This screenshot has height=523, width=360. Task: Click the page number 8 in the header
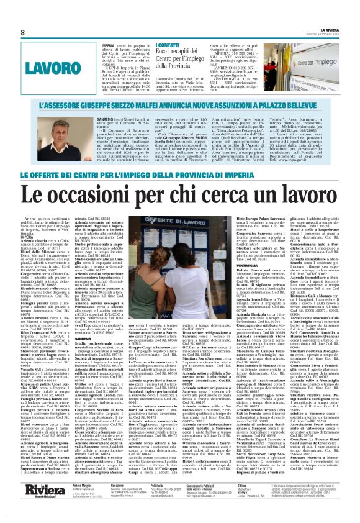point(23,32)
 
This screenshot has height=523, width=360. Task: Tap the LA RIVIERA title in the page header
point(330,29)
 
